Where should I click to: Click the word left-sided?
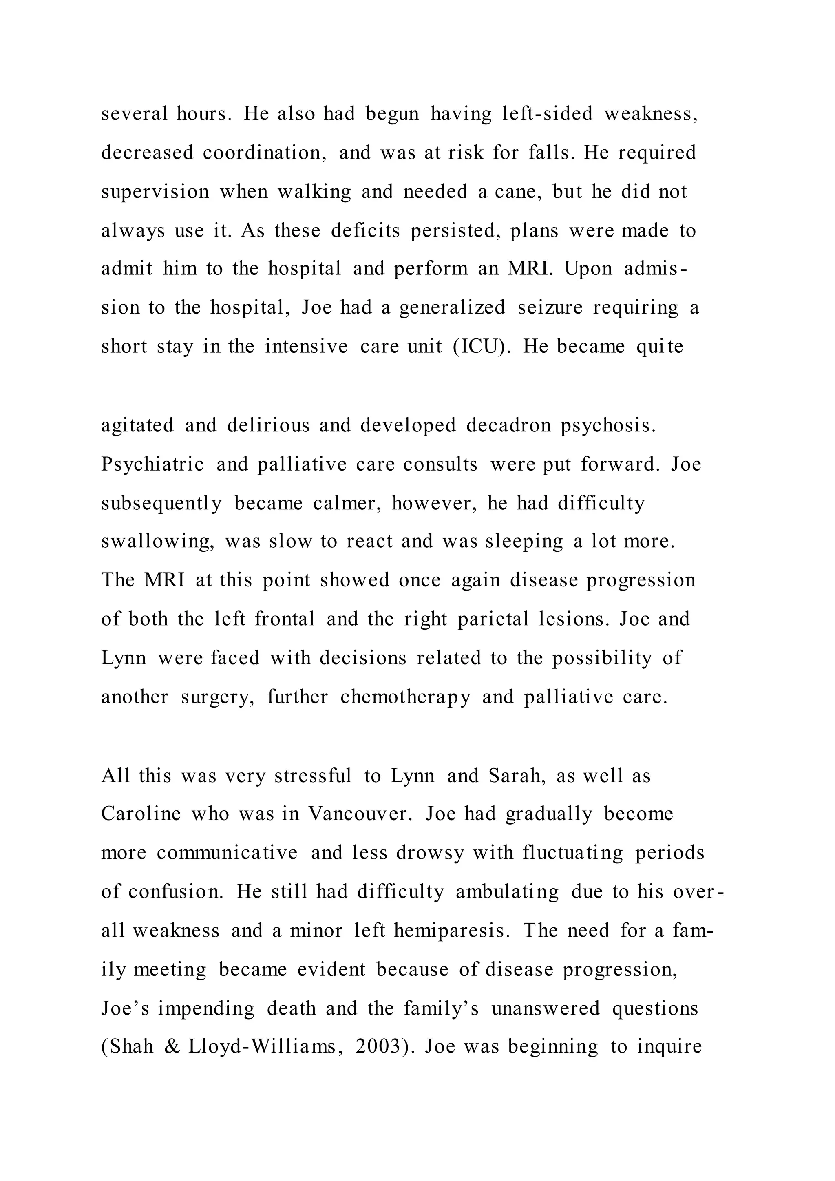coord(547,114)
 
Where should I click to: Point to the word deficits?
coord(365,230)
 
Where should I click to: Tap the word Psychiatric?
coord(153,464)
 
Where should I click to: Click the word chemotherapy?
coord(405,697)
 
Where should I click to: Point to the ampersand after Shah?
coord(172,1047)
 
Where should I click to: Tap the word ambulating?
coord(507,891)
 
